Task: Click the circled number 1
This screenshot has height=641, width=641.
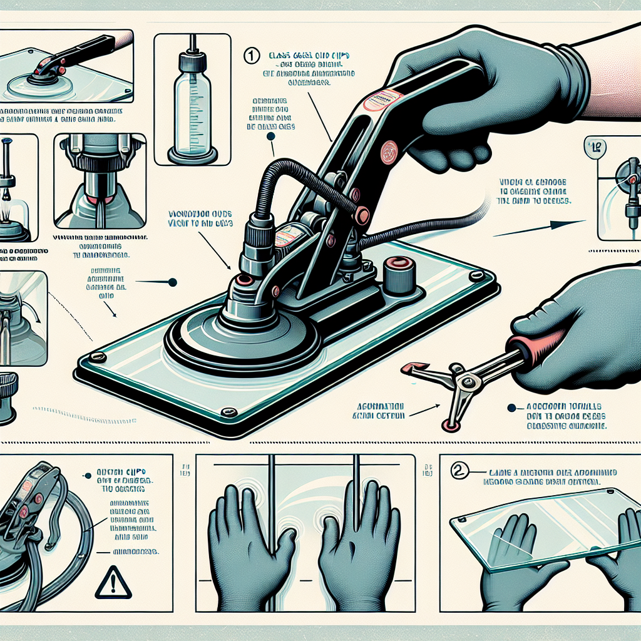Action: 250,56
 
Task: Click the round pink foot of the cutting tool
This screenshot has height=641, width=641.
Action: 448,426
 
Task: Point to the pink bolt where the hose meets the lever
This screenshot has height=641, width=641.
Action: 361,215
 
